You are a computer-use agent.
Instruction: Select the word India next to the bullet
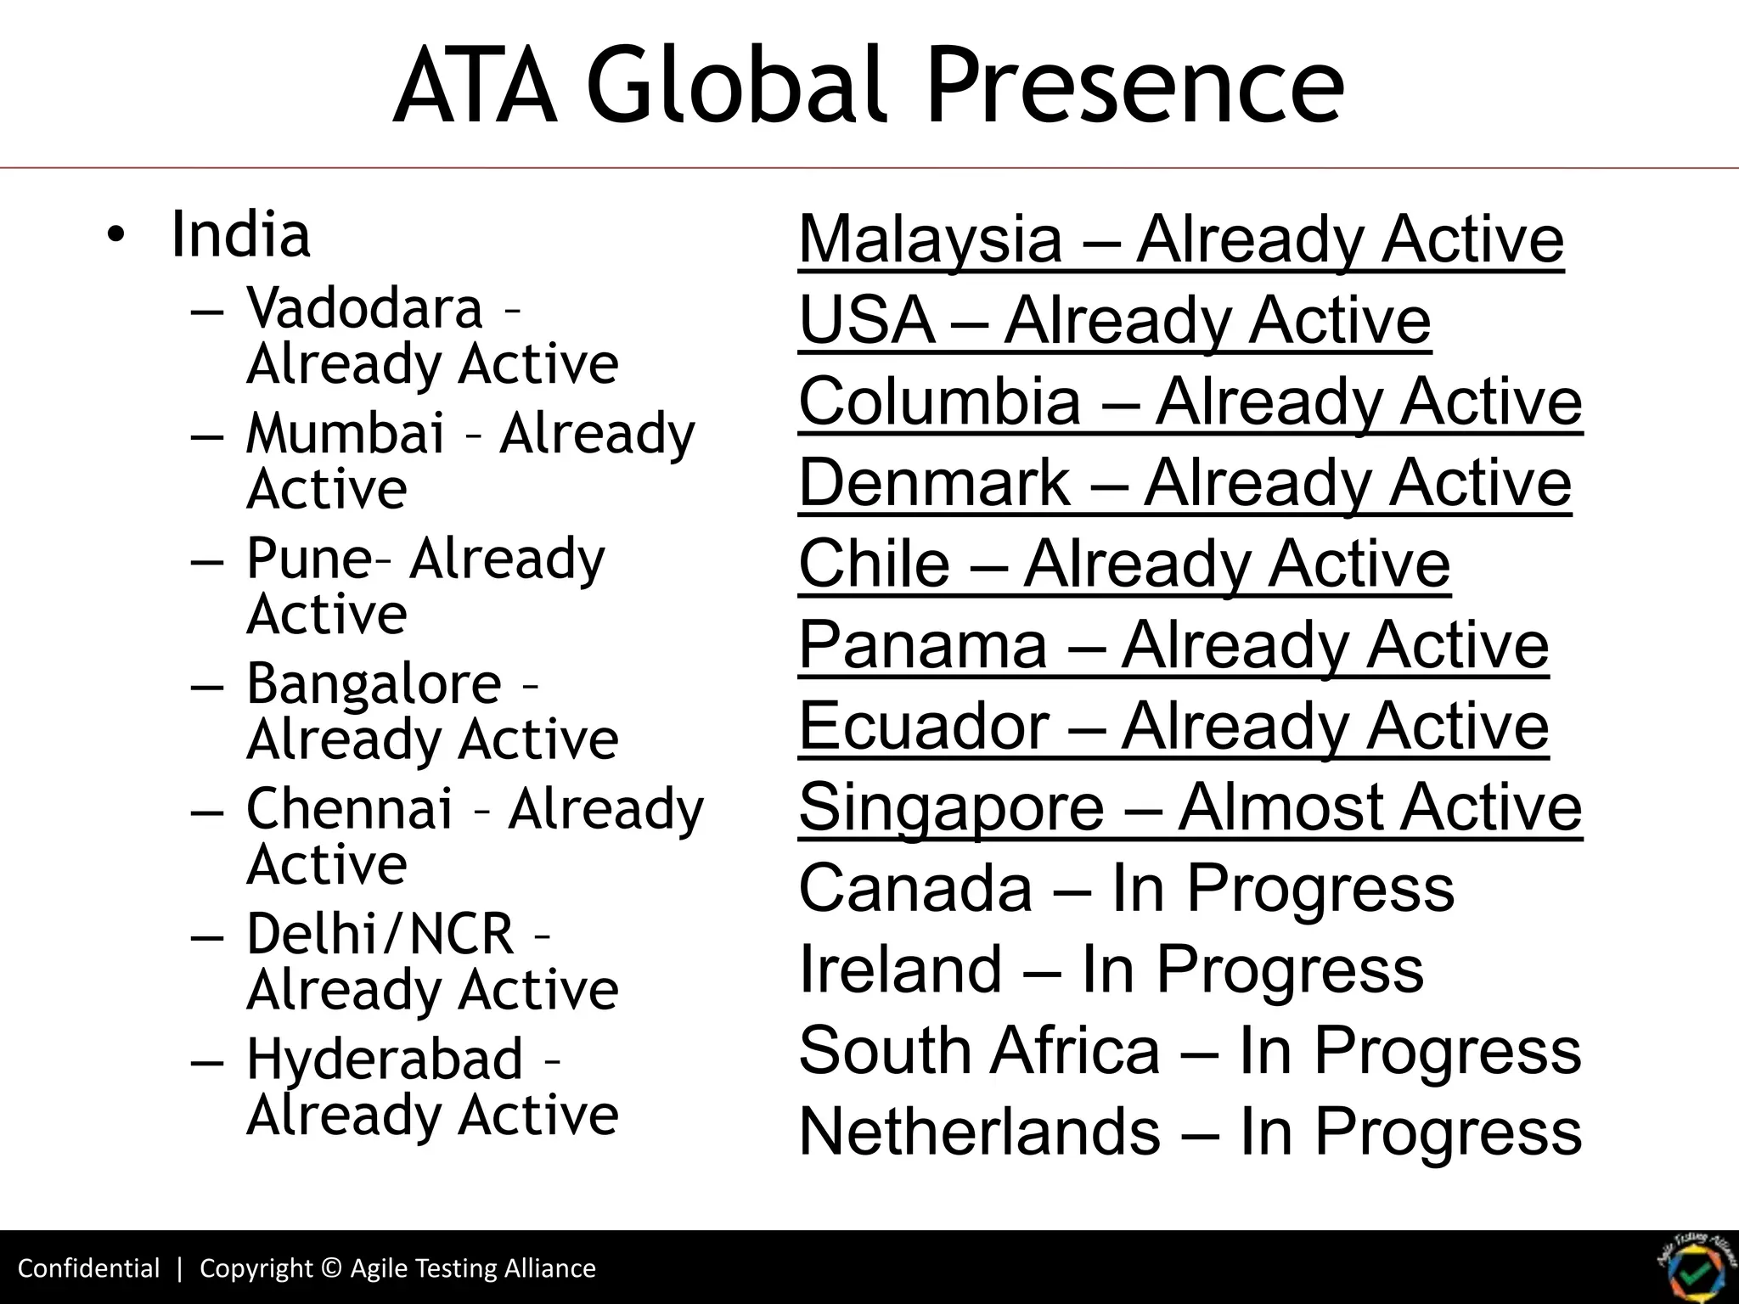click(x=240, y=234)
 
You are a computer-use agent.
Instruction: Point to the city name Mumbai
click(x=345, y=433)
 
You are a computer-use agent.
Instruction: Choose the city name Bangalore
click(x=374, y=684)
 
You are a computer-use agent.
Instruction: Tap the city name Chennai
click(x=349, y=808)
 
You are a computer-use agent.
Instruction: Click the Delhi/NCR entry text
click(x=380, y=934)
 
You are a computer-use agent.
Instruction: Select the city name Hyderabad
click(x=384, y=1059)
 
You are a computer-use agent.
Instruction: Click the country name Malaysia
click(x=931, y=239)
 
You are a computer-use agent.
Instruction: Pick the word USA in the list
click(x=866, y=320)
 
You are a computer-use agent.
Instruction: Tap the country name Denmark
click(x=934, y=482)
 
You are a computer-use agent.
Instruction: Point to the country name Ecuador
click(x=924, y=726)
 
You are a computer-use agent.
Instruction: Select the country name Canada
click(x=915, y=888)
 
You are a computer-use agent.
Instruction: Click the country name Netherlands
click(x=979, y=1132)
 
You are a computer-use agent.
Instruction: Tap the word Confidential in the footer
click(x=88, y=1268)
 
